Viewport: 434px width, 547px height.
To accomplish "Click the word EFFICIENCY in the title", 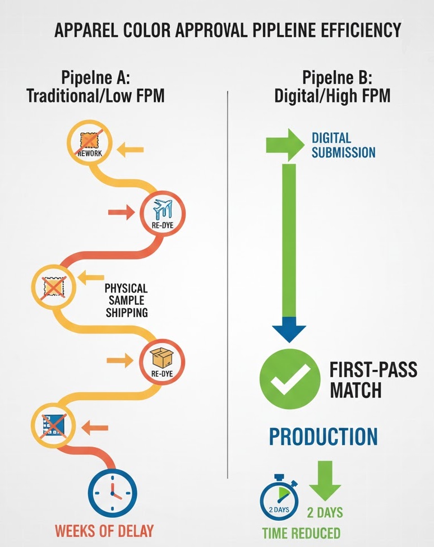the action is coord(361,30).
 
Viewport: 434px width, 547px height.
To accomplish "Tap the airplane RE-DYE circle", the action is coord(163,214).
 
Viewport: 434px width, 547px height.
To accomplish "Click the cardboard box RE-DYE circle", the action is coord(162,361).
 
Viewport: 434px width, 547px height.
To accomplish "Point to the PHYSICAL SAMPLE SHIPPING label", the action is coord(126,300).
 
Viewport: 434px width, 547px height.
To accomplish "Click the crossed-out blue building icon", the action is coord(54,425).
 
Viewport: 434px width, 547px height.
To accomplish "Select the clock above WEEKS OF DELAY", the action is coord(112,493).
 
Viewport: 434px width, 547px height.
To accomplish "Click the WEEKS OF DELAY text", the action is coord(104,531).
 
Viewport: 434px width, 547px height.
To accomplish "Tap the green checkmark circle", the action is coord(290,379).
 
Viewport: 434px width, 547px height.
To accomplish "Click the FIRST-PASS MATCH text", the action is coord(373,380).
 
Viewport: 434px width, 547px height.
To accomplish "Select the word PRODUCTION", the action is coord(324,437).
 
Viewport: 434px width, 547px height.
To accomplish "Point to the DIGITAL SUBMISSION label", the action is coord(344,145).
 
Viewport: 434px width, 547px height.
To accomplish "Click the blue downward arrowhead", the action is coord(289,330).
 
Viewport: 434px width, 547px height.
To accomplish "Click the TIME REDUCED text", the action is coord(301,534).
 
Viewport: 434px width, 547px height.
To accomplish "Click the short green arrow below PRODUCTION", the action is coord(325,481).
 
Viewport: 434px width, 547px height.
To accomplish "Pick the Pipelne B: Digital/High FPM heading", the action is coord(333,86).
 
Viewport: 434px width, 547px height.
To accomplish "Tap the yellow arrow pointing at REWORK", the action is coord(130,150).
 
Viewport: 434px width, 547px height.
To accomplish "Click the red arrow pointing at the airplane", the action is coord(122,212).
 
